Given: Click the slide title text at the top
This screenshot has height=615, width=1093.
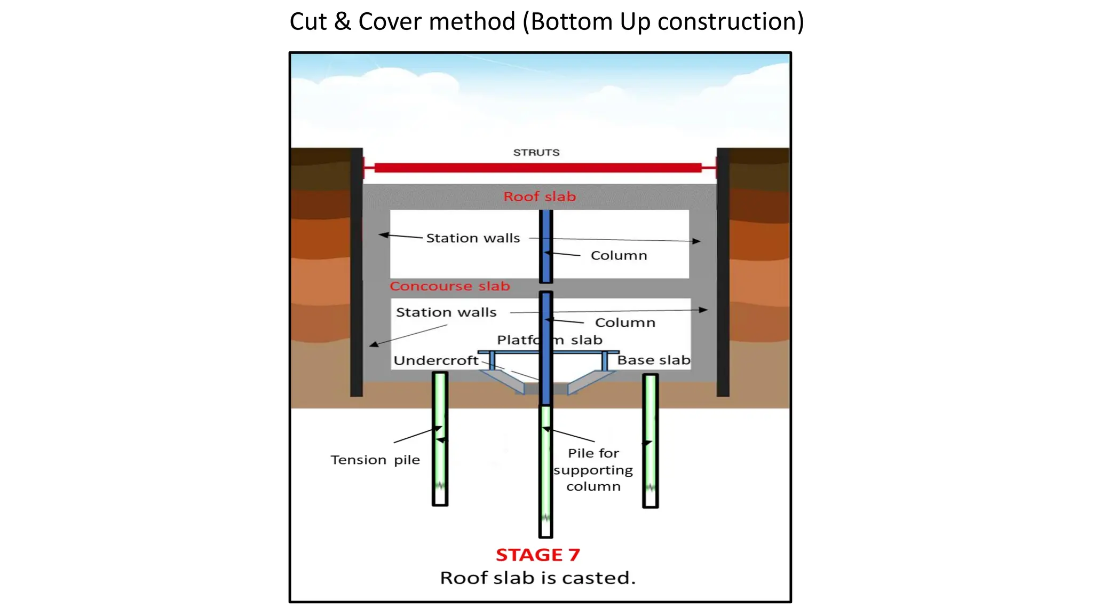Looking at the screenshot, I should (x=546, y=22).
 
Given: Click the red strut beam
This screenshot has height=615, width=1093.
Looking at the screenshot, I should (x=538, y=168).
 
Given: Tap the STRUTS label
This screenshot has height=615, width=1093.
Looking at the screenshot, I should (x=536, y=153).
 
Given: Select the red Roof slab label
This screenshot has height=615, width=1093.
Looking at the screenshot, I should (x=540, y=196).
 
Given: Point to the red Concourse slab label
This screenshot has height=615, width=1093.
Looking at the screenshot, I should (x=449, y=286).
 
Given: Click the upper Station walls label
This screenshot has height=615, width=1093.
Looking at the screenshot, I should (x=473, y=238).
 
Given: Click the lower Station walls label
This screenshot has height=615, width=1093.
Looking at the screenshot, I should (x=446, y=312).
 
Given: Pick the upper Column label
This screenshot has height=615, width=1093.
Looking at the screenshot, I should (x=619, y=256).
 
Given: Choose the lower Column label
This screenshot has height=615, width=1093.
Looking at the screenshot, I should (x=625, y=322).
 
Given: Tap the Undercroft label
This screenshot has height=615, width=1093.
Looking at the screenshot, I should (x=436, y=361).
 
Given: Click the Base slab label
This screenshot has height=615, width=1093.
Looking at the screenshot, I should (x=653, y=360).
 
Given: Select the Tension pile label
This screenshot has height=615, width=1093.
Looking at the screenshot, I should (x=375, y=460).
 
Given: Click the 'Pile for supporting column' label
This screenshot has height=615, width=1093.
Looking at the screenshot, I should (x=593, y=470).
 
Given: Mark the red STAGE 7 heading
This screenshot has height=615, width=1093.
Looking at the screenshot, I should (x=537, y=555).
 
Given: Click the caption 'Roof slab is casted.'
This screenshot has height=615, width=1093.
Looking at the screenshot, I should (x=537, y=578).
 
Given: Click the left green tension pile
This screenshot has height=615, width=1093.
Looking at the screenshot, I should (x=440, y=438).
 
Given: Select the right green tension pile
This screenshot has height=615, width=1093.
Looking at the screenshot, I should (x=650, y=440).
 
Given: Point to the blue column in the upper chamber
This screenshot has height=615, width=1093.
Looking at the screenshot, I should (x=546, y=246).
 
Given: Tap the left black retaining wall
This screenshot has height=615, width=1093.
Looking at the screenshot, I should (x=357, y=272).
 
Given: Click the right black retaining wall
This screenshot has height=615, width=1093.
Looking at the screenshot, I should (x=723, y=272).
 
